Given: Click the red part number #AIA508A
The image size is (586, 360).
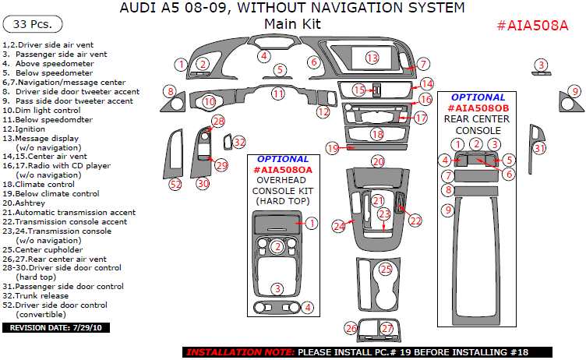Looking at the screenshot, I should pyautogui.click(x=532, y=25).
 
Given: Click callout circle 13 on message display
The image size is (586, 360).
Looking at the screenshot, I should pyautogui.click(x=372, y=58).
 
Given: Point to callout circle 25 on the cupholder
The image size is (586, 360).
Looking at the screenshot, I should pyautogui.click(x=385, y=270).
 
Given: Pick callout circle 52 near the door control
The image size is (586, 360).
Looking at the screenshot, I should pyautogui.click(x=175, y=185).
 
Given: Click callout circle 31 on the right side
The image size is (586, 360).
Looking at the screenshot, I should pyautogui.click(x=539, y=148).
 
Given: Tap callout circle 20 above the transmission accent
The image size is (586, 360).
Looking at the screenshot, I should pyautogui.click(x=378, y=161).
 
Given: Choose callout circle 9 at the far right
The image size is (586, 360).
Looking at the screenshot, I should pyautogui.click(x=575, y=91).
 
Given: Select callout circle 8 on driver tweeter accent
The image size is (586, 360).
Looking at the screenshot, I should pyautogui.click(x=169, y=91).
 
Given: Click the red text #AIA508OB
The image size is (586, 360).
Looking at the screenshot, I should pyautogui.click(x=478, y=108).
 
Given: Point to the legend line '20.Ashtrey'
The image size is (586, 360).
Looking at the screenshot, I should pyautogui.click(x=25, y=203).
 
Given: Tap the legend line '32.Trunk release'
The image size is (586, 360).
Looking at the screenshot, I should pyautogui.click(x=34, y=296).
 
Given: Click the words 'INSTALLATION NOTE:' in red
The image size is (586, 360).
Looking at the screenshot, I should pyautogui.click(x=240, y=352).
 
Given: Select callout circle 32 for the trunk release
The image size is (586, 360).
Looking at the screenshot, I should pyautogui.click(x=239, y=142).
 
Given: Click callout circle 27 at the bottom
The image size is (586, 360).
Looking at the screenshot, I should pyautogui.click(x=387, y=329).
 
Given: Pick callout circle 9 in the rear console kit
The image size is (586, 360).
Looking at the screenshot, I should pyautogui.click(x=447, y=210).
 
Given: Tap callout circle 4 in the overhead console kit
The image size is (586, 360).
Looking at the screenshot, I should pyautogui.click(x=309, y=307).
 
